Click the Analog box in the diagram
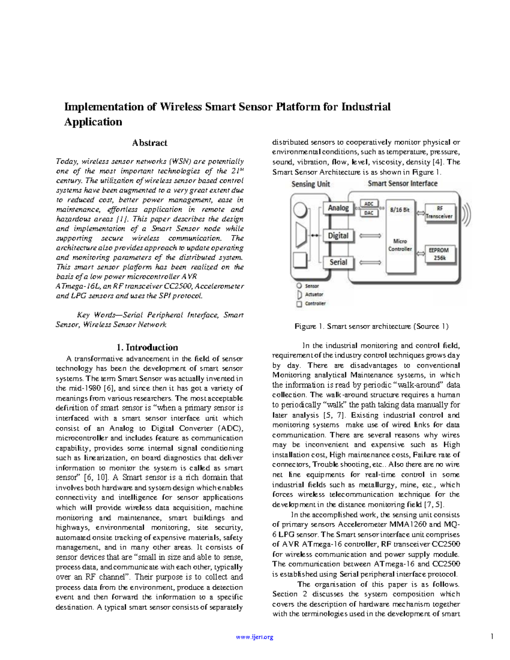338,208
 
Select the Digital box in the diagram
338,236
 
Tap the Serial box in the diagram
338,262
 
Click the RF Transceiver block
439,212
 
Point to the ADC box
369,204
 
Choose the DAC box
369,212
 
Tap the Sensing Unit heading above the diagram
311,184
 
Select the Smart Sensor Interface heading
402,184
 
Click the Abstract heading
150,143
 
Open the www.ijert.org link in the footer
254,637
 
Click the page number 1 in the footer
492,636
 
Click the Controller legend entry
315,303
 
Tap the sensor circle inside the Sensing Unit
300,210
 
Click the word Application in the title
93,122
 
